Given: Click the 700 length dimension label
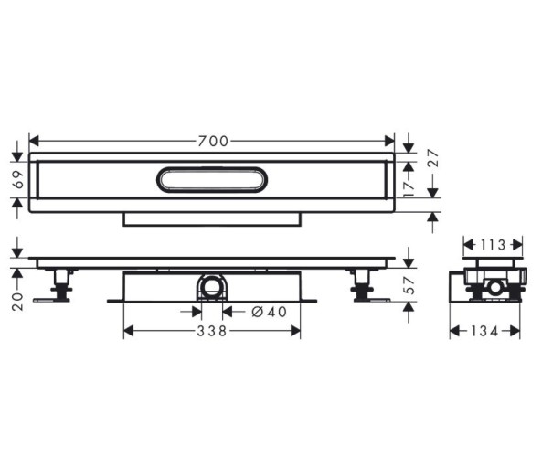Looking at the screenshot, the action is (x=213, y=141).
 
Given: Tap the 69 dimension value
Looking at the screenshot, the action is (x=18, y=180).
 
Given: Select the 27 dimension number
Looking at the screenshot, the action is (x=433, y=158).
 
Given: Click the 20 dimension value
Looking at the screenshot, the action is (x=17, y=302).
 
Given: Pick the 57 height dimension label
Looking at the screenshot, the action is (x=409, y=285).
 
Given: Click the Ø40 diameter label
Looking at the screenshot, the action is (x=270, y=313).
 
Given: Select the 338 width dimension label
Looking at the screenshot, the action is (x=211, y=331).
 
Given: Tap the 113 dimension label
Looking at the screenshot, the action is (x=493, y=245).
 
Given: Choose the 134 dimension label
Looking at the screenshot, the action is (x=484, y=332).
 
